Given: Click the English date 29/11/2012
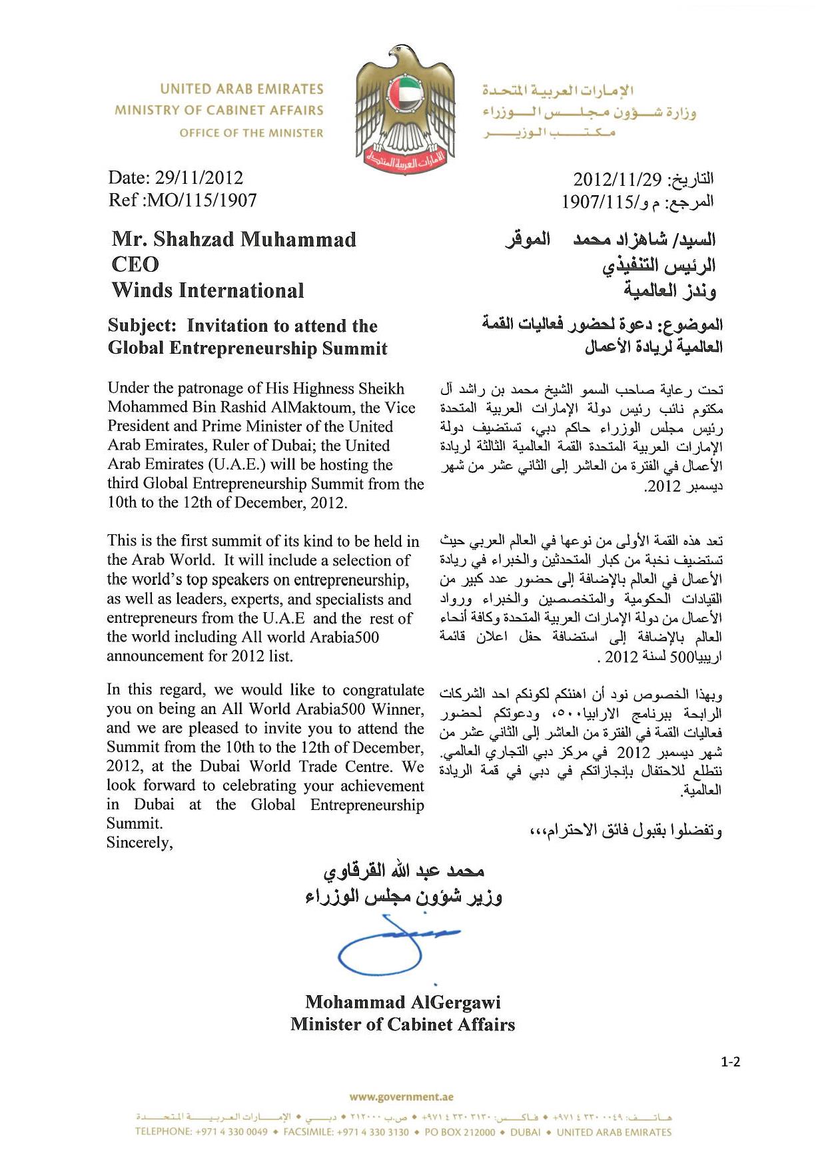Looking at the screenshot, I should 199,178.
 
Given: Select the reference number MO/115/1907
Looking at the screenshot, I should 202,200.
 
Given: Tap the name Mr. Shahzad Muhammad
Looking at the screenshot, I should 234,239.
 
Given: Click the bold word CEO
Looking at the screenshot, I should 135,264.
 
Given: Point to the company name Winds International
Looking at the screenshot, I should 208,290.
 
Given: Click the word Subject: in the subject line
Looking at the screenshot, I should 143,326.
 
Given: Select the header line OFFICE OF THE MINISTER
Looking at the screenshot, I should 251,133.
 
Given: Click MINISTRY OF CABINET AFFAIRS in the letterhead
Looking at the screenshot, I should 219,111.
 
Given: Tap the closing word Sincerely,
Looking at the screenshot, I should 140,843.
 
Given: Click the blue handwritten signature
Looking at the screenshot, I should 386,946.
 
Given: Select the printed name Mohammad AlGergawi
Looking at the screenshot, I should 403,1002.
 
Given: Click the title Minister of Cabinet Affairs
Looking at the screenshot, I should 403,1024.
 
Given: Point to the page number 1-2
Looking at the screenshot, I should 730,1062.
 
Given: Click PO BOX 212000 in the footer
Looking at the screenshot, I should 460,1132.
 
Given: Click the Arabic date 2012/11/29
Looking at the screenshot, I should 618,179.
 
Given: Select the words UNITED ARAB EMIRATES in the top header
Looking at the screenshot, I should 242,89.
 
